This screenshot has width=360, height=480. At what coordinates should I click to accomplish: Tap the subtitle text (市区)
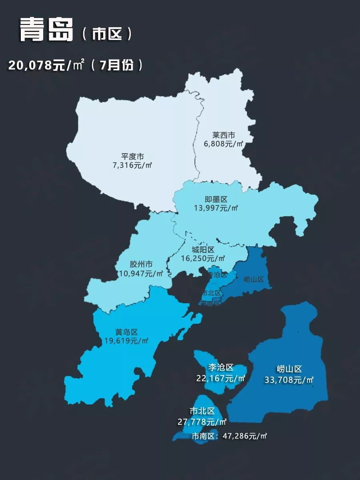[x=107, y=34]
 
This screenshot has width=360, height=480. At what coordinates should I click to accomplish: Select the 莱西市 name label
[x=224, y=136]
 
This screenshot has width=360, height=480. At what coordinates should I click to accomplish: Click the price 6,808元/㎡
[x=224, y=144]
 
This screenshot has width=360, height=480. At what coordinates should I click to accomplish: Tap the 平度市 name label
[x=133, y=156]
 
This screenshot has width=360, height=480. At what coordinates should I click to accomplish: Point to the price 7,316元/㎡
[x=133, y=165]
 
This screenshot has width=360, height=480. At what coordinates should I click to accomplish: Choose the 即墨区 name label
[x=216, y=199]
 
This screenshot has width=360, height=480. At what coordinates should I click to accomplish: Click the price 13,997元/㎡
[x=216, y=208]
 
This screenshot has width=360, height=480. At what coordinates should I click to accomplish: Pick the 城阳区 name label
[x=203, y=250]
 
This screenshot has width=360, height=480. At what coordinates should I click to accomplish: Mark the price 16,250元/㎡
[x=203, y=258]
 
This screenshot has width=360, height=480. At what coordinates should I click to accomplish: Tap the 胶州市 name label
[x=141, y=265]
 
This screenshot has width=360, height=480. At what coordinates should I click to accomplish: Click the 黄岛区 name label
[x=126, y=332]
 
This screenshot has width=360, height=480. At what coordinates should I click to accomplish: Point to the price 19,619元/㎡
[x=126, y=341]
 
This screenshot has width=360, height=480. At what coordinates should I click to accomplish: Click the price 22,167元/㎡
[x=221, y=378]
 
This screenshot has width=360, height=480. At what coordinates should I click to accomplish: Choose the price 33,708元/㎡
[x=289, y=380]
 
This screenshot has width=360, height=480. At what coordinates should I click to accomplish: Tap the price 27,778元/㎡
[x=202, y=422]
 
